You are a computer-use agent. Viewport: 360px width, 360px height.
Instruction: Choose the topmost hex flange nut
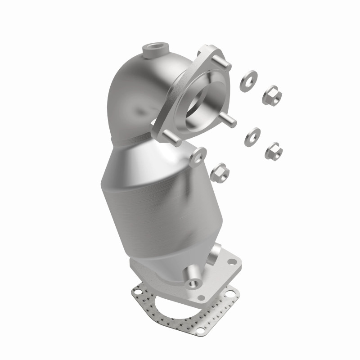[x=273, y=94]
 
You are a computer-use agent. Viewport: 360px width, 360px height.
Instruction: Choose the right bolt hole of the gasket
[x=233, y=295]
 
